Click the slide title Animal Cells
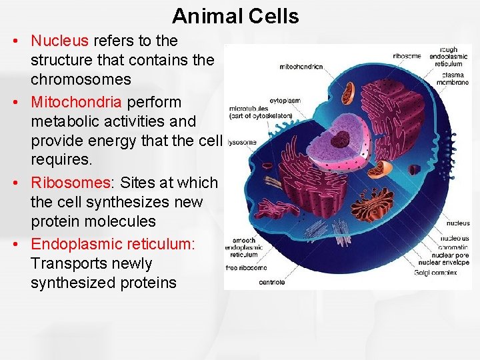click(x=235, y=15)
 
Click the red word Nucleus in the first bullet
click(x=59, y=41)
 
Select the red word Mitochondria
click(x=76, y=102)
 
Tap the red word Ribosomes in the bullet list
click(x=69, y=183)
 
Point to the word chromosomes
click(x=81, y=79)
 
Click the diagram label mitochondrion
click(x=301, y=67)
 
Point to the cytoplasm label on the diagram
click(x=285, y=101)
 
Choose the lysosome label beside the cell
click(x=243, y=142)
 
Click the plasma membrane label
click(x=454, y=77)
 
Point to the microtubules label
click(x=248, y=108)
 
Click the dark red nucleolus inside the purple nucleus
click(x=341, y=139)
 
